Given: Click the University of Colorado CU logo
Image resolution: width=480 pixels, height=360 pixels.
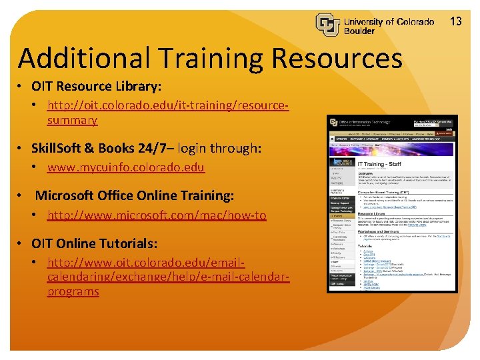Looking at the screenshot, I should click(x=328, y=25).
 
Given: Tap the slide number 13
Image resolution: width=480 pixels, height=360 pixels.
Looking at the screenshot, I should click(x=456, y=21).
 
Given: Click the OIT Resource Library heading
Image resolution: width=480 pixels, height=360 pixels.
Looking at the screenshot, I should click(x=96, y=87).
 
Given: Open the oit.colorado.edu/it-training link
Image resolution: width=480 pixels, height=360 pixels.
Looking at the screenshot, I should click(x=167, y=105).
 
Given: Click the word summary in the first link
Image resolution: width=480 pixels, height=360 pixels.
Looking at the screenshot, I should click(x=72, y=121).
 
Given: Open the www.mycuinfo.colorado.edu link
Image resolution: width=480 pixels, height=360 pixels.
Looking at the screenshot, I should click(x=125, y=167).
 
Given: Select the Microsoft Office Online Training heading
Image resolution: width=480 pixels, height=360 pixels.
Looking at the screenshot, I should click(x=134, y=196).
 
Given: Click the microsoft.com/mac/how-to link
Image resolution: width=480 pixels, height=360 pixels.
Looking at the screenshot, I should click(x=157, y=215).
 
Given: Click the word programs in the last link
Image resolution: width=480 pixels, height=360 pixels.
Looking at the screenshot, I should click(x=73, y=292).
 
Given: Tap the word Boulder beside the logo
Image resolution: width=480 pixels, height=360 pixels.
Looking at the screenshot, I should click(x=359, y=31).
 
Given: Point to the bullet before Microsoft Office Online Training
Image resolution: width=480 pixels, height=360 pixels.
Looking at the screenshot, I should click(x=23, y=196).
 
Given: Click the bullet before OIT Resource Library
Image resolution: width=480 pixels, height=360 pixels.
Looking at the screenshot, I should click(x=22, y=87).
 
